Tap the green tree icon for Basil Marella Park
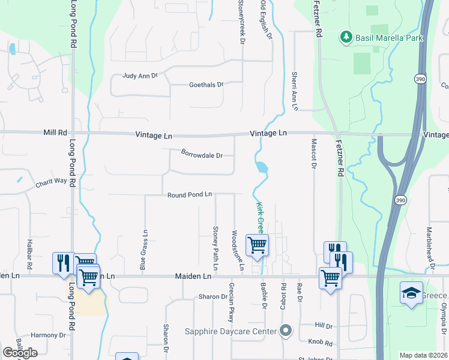point(346,38)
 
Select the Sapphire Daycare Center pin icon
point(286,331)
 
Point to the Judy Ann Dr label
point(139,76)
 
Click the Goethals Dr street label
point(206,85)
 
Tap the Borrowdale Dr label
point(202,155)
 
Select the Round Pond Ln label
point(190,194)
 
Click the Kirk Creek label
point(260,217)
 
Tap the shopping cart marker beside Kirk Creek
point(257,245)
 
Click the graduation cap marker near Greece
point(411,293)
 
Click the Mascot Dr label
point(313,155)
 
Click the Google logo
point(19,353)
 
